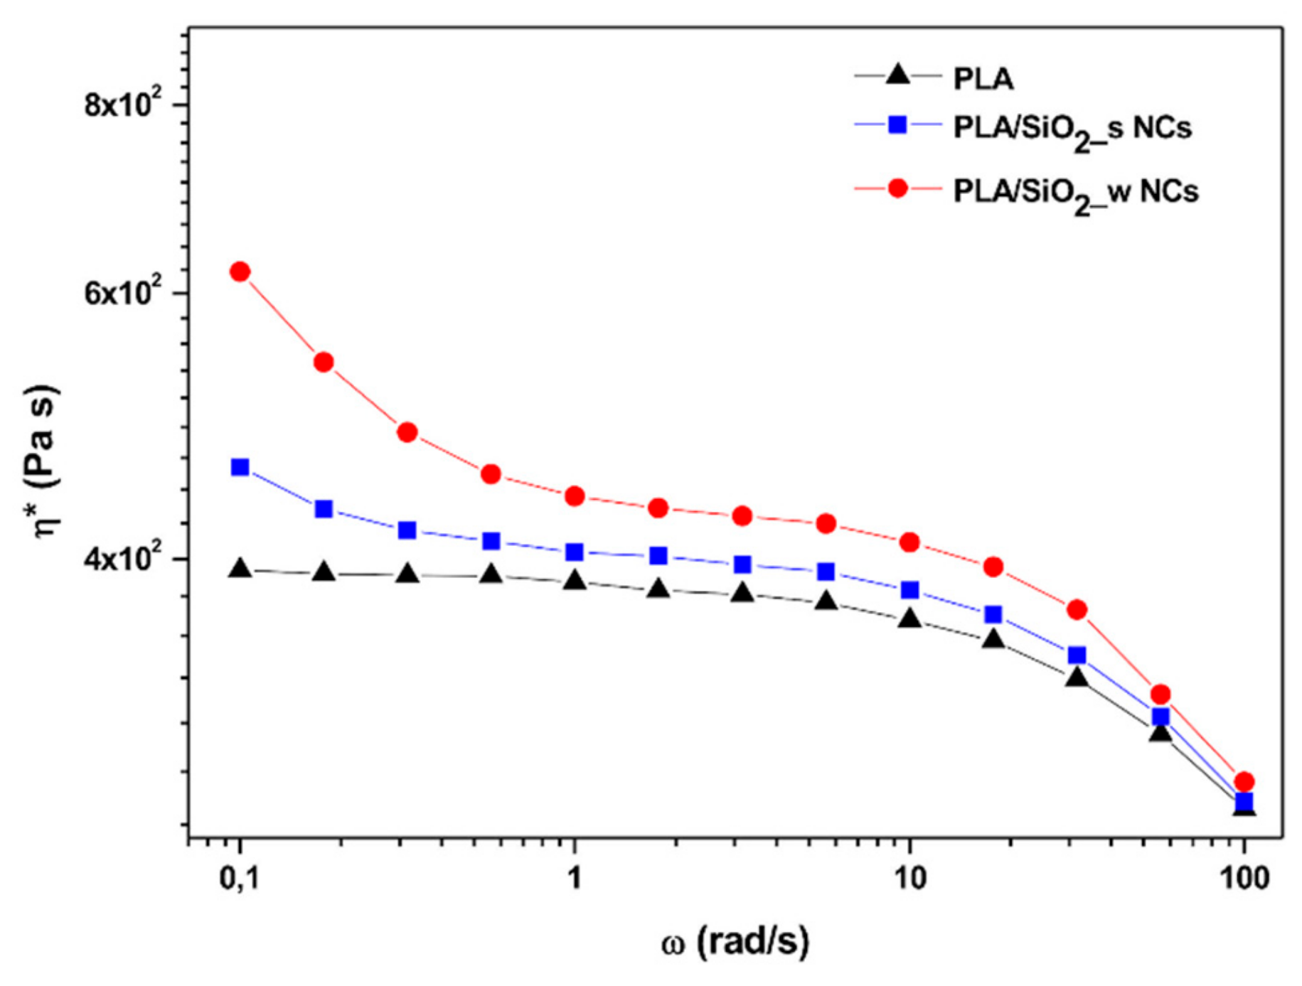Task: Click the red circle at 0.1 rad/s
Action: (240, 272)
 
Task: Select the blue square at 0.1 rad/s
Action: (240, 467)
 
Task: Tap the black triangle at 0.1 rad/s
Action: (240, 569)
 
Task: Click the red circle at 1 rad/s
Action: (575, 496)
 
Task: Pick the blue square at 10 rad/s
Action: (909, 590)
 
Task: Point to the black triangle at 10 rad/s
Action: (909, 619)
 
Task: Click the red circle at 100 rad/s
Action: (1244, 781)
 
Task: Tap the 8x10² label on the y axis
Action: (123, 105)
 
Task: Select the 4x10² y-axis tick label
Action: (123, 559)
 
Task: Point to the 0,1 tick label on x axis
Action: (239, 879)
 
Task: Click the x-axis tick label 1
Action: (574, 879)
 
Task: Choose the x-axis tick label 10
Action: (909, 879)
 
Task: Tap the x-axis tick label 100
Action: (1243, 879)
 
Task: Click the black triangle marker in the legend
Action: (898, 75)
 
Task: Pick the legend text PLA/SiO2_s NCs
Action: (1072, 129)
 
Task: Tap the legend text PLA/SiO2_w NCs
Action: (1075, 192)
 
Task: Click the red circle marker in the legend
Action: (898, 188)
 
